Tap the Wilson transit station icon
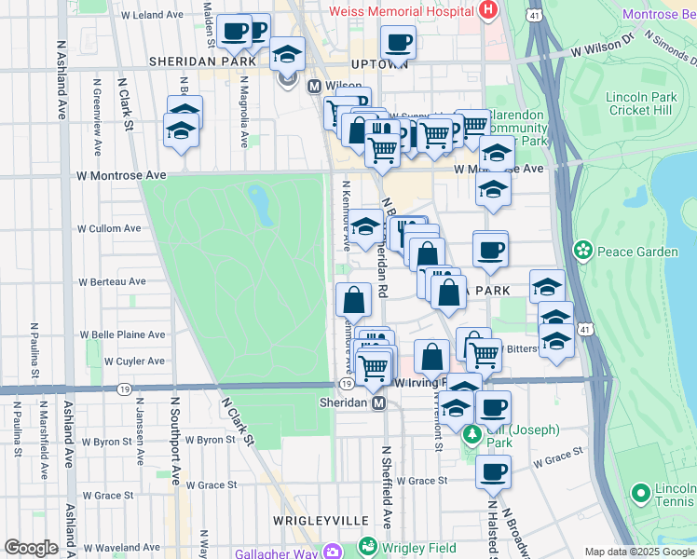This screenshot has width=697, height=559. coord(314,86)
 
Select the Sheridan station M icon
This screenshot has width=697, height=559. coord(379,403)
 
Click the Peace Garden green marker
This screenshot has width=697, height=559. coord(583,251)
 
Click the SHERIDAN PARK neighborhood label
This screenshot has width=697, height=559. coord(201,61)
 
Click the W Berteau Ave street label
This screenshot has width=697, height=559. coord(112,280)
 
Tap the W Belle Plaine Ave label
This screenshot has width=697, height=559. coord(122,334)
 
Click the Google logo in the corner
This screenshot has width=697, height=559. coord(31,548)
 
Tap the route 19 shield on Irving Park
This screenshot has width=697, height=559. coord(346,384)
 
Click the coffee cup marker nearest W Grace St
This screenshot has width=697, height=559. coord(493,471)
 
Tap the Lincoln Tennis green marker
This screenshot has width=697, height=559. coord(639,492)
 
